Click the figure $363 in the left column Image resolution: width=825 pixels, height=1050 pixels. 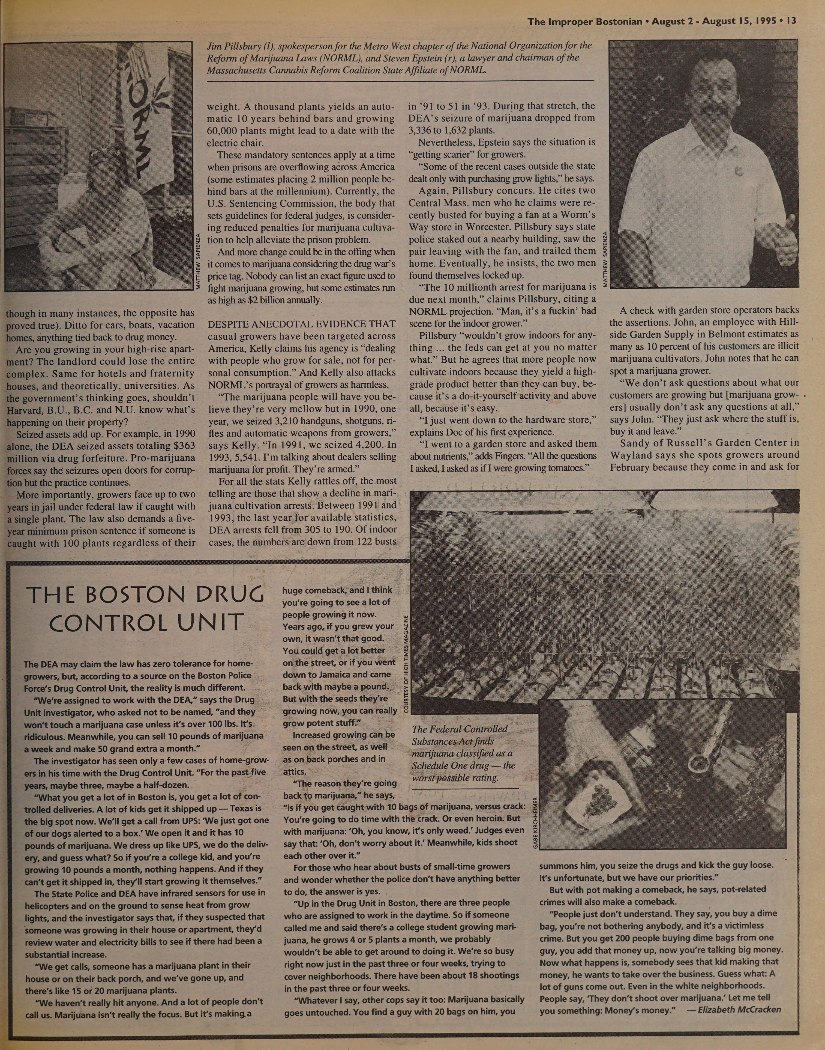coord(184,446)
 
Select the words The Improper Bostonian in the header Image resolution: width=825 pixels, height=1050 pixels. coord(585,21)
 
